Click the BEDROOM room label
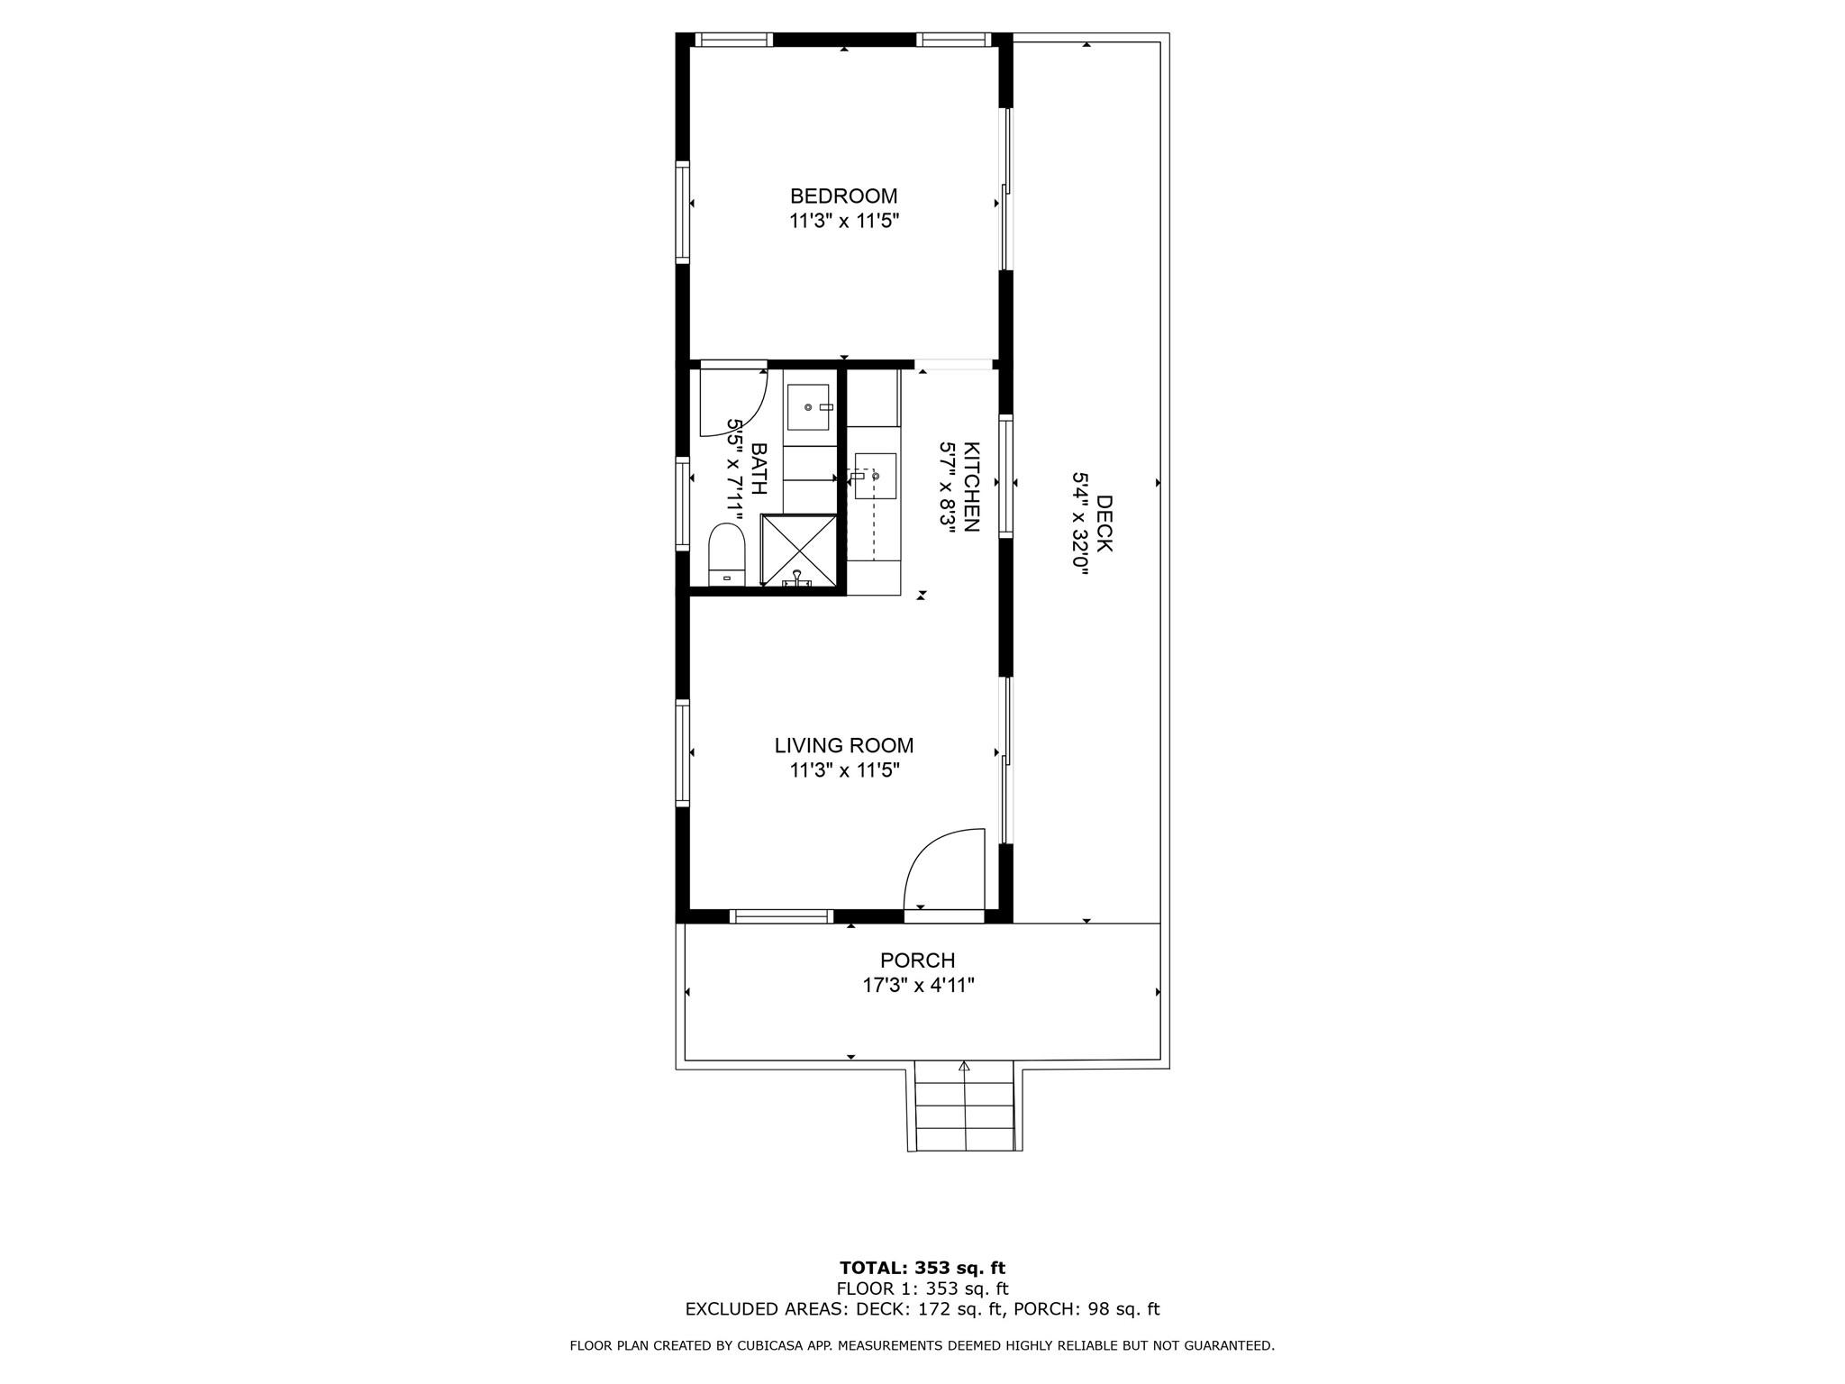(x=843, y=196)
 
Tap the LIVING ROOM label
(x=844, y=745)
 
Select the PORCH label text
(x=917, y=961)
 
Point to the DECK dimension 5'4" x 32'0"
(x=1080, y=524)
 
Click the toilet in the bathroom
(x=727, y=555)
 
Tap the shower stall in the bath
(x=799, y=551)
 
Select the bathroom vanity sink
(x=808, y=407)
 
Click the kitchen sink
(x=875, y=476)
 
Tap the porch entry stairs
(x=965, y=1106)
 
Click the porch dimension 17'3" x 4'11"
(x=918, y=985)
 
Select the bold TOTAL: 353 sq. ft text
(x=922, y=1269)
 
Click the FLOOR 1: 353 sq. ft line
(x=922, y=1288)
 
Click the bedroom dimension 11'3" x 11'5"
(x=844, y=221)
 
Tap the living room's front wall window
(x=780, y=916)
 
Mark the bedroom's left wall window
(x=683, y=213)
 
